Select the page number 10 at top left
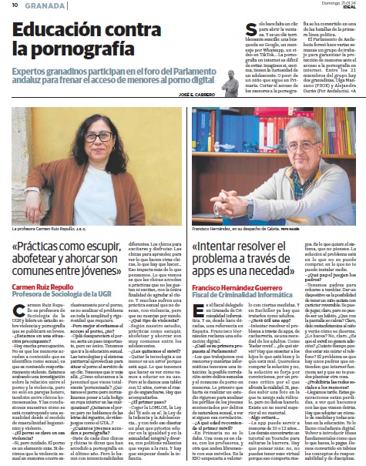tap(15, 5)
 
